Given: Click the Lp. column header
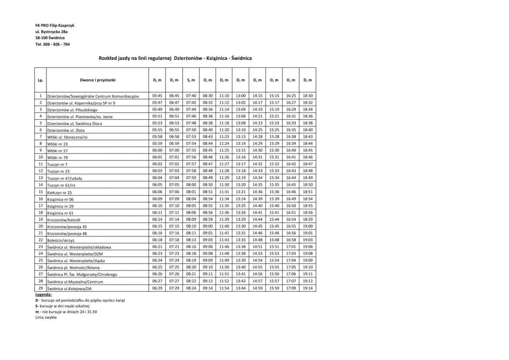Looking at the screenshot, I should point(40,80).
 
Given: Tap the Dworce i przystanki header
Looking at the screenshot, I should point(97,80).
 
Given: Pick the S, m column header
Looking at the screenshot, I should point(191,80).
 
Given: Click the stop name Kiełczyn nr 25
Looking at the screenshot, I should point(60,193).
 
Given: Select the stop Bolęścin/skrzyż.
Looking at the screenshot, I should point(61,240).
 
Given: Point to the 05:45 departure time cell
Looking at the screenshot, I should point(157,96).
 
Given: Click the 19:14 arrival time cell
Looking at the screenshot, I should point(308,288).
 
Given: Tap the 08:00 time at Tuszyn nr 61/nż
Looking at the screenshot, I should point(191,185).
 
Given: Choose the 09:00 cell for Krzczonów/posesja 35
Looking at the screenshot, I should point(208,226).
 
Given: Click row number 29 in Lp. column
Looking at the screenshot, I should point(40,288).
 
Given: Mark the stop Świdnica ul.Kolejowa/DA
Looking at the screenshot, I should point(72,288).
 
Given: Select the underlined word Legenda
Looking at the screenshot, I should point(43,294).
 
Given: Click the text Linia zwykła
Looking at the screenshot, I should point(46,317).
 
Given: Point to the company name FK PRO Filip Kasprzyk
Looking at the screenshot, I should point(55,25).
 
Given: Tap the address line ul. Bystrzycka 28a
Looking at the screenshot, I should point(52,31).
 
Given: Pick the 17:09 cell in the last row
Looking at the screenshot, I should point(291,288).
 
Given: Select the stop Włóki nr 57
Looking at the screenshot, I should point(58,151).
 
